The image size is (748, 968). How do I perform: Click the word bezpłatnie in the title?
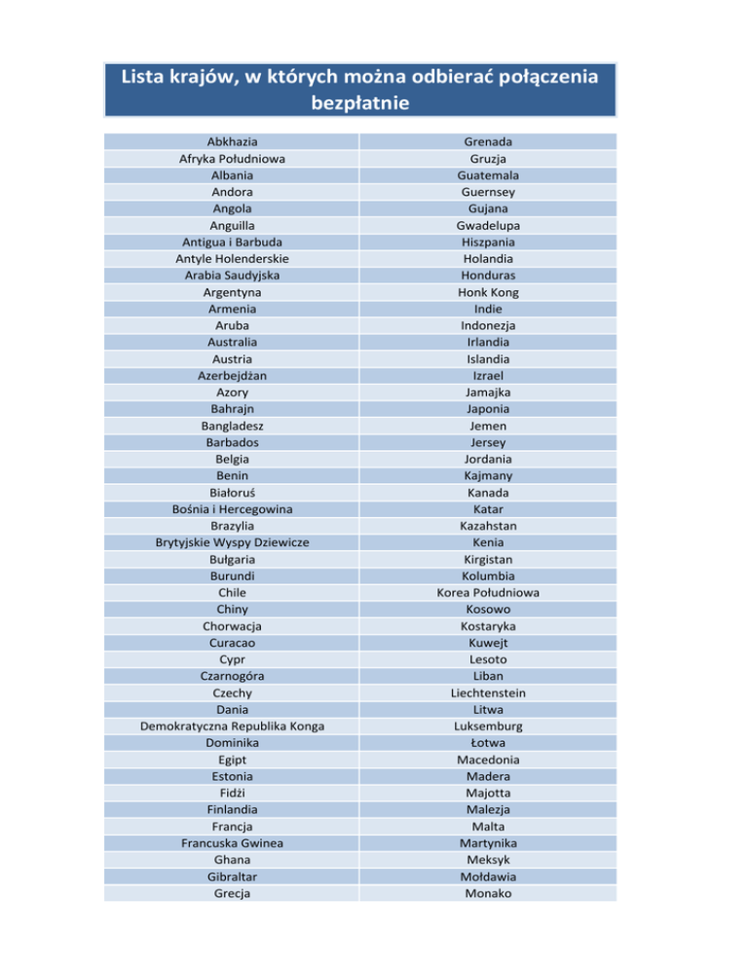coord(373,101)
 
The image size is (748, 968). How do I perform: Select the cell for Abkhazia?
coord(233,142)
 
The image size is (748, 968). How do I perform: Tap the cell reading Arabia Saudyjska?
coord(233,276)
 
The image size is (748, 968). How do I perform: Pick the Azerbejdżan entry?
coord(233,375)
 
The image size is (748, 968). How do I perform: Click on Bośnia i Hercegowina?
coord(233,508)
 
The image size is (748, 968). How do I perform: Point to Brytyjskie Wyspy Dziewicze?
coord(233,542)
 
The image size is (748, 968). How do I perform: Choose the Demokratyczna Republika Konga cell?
coord(233,726)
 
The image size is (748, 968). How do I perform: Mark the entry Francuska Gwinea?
coord(233,843)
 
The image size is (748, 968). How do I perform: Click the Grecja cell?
coord(233,893)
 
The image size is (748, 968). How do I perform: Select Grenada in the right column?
coord(488,142)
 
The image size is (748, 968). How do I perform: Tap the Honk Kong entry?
coord(488,292)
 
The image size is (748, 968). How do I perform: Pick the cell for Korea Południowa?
coord(488,592)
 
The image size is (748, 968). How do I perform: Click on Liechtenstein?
coord(488,692)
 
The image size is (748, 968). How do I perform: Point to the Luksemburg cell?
coord(488,726)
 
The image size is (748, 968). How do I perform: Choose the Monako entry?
coord(488,893)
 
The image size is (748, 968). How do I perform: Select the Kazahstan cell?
coord(488,526)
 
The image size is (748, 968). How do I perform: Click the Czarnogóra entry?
coord(233,676)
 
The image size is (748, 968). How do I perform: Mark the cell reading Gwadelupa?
coord(488,226)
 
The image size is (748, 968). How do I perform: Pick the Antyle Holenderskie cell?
coord(233,259)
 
